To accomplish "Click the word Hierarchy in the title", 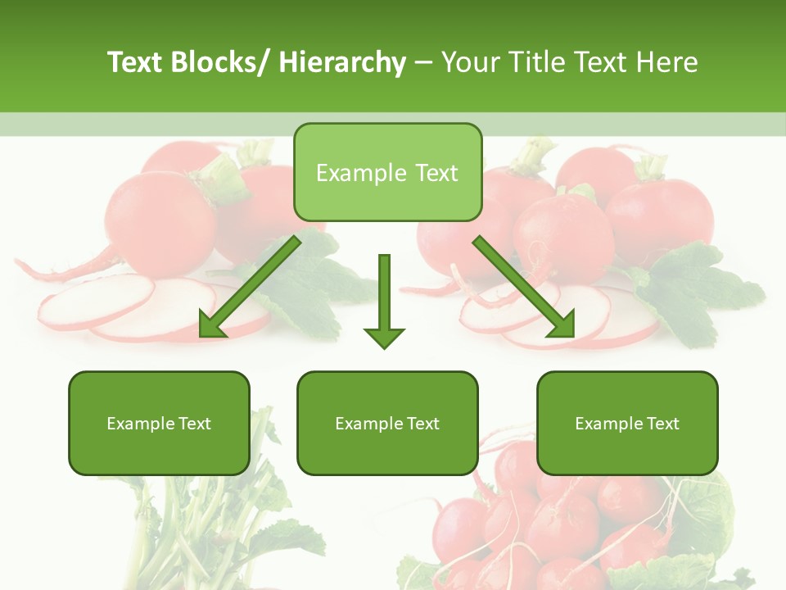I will pos(341,62).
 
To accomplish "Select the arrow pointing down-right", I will pos(524,287).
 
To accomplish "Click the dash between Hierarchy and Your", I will pos(423,63).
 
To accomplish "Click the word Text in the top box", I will pos(435,173).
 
